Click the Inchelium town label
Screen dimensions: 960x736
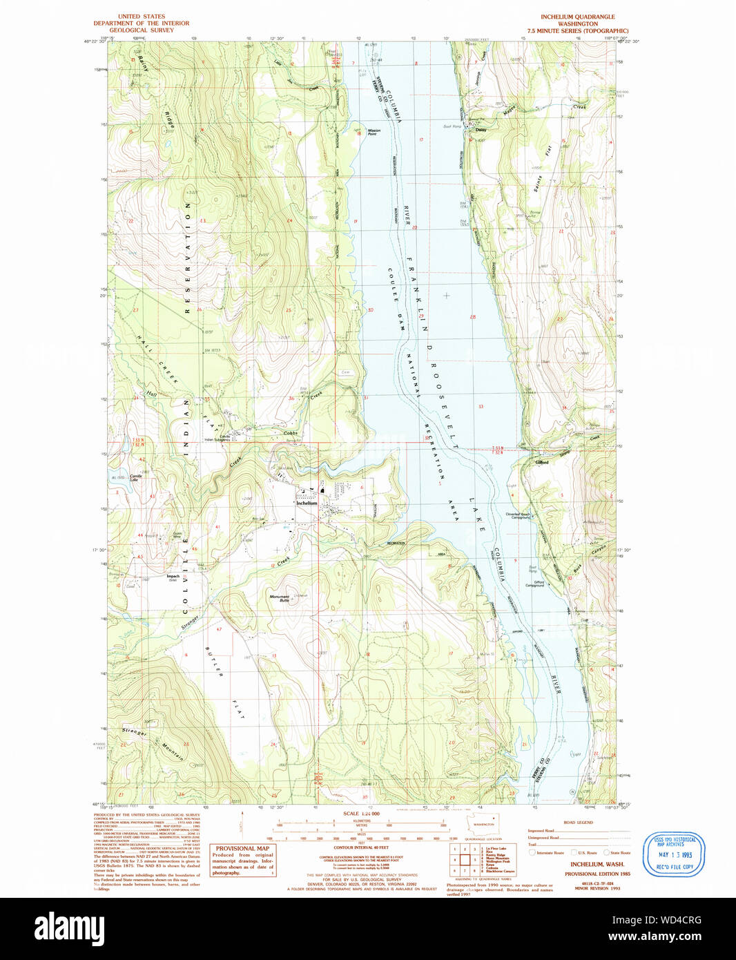point(307,503)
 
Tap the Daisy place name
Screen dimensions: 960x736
point(481,130)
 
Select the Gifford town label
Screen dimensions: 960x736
point(542,462)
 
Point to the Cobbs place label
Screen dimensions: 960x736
point(290,433)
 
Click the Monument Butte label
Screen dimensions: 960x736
point(280,598)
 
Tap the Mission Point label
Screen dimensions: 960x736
point(374,132)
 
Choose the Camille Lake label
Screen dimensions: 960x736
point(136,478)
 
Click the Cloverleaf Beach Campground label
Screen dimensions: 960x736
point(518,515)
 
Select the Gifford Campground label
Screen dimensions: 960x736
point(535,584)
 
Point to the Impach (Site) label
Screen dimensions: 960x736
point(173,577)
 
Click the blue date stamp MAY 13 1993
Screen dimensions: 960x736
point(675,854)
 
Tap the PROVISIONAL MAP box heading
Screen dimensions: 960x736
point(242,848)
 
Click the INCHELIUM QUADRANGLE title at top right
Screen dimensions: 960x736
point(577,17)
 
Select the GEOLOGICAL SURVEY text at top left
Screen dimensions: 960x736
point(142,30)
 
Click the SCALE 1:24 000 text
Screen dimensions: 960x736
point(361,814)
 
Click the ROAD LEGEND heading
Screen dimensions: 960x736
point(578,823)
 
